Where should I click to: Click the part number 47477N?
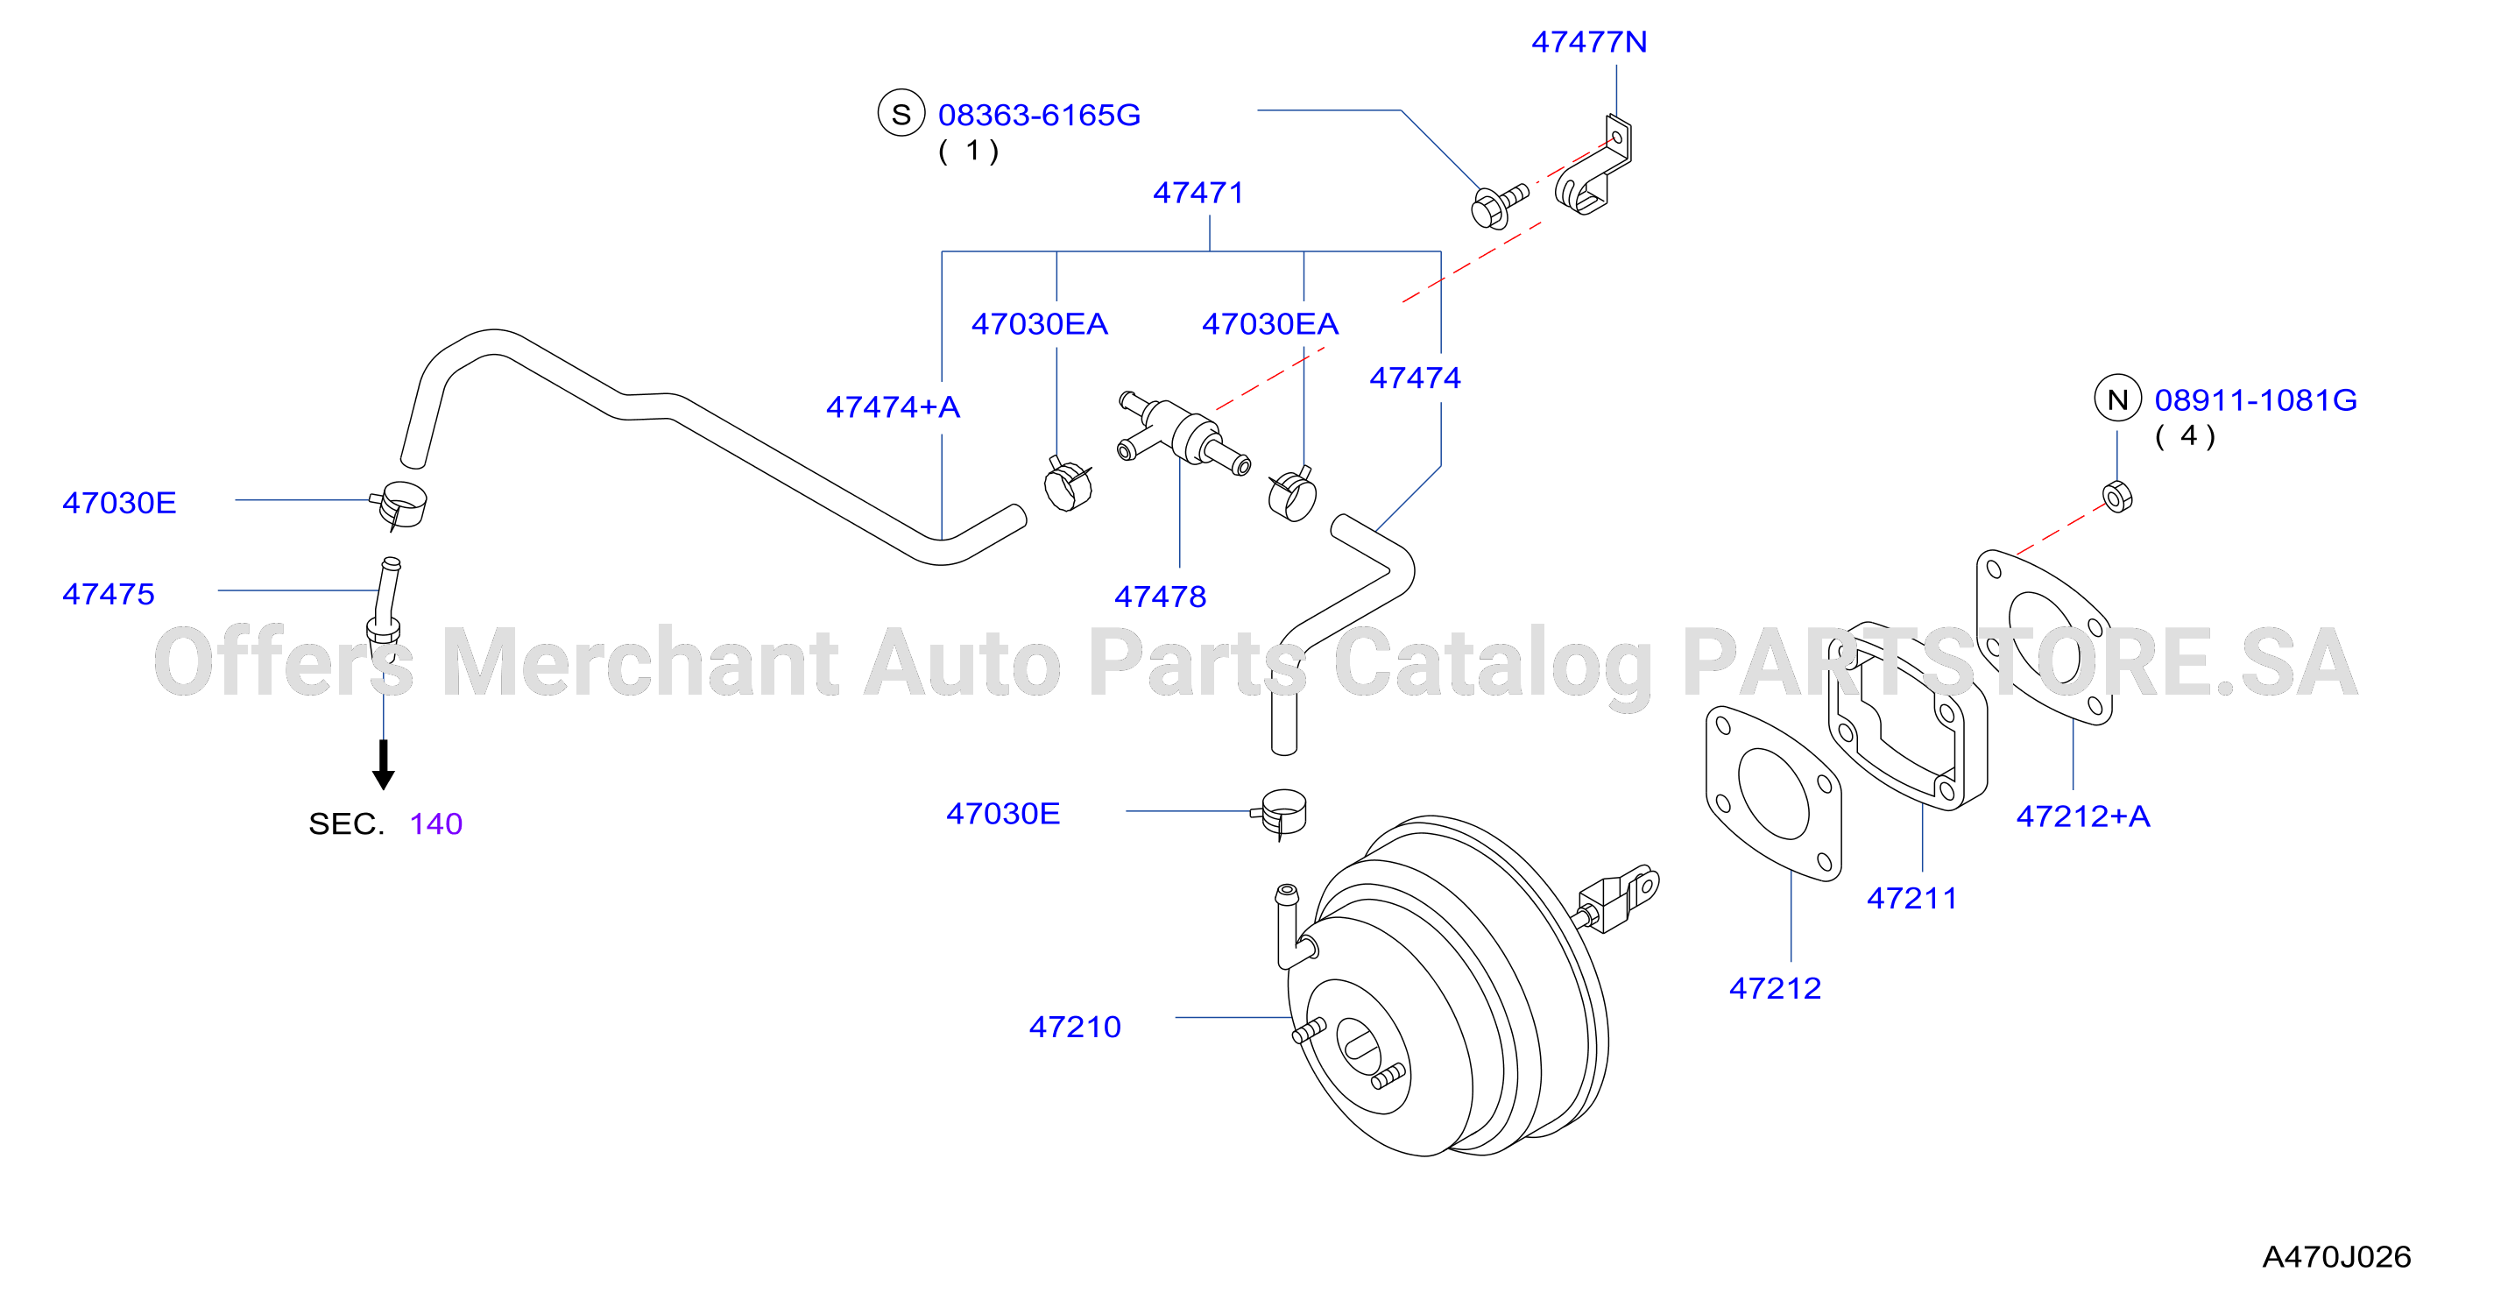[1589, 42]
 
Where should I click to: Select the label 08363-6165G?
[1039, 115]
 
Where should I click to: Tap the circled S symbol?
[901, 113]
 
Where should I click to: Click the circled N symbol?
[2116, 399]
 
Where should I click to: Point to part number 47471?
[1198, 193]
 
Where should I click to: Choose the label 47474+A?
[893, 407]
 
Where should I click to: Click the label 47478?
[1161, 596]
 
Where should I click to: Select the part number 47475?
[109, 594]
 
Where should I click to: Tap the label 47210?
[1075, 1027]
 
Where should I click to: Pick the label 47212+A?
[2082, 816]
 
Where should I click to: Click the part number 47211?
[1912, 898]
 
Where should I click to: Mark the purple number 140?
[436, 823]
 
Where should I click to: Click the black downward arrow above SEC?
[384, 765]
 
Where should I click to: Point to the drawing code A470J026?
[2336, 1257]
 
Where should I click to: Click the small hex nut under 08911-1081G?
[2116, 497]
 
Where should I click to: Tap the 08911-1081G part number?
[2256, 400]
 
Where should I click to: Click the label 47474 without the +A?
[1416, 378]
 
